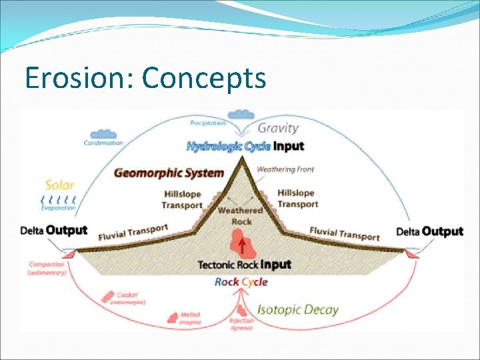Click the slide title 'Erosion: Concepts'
click(x=145, y=78)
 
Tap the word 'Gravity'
click(x=278, y=128)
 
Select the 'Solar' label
click(x=59, y=185)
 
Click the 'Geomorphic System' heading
click(x=169, y=173)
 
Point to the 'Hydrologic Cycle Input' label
click(x=245, y=146)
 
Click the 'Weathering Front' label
click(x=285, y=169)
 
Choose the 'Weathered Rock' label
click(x=241, y=216)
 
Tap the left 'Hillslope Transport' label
click(x=182, y=199)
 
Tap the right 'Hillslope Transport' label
click(x=297, y=198)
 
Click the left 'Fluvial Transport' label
click(x=133, y=232)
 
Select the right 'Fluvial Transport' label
click(x=344, y=233)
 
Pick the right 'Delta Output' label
click(x=429, y=231)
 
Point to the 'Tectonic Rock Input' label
click(x=245, y=265)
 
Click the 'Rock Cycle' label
click(x=241, y=282)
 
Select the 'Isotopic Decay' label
click(x=298, y=309)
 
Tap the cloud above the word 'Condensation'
click(x=103, y=134)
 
